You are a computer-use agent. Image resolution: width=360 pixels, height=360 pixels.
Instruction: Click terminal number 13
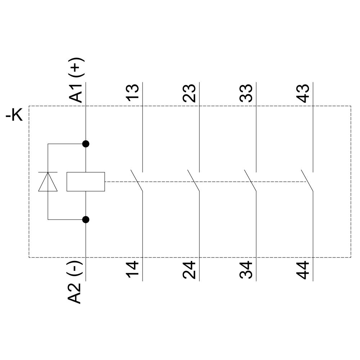click(133, 93)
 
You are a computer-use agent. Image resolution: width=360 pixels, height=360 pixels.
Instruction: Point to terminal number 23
click(190, 93)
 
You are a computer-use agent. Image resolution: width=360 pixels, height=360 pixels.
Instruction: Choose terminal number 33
click(247, 93)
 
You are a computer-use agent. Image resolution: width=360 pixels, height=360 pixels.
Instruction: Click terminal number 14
click(133, 270)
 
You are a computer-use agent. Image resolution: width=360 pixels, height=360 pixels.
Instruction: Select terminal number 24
click(190, 270)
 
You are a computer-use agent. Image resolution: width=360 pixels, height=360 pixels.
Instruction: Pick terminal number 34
click(247, 270)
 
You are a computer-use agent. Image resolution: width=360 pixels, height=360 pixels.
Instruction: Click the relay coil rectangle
click(86, 181)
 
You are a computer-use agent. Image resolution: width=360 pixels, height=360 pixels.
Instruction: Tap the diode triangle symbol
click(48, 182)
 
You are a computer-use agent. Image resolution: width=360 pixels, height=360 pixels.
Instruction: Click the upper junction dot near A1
click(86, 144)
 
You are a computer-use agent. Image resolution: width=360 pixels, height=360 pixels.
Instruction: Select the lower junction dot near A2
click(86, 219)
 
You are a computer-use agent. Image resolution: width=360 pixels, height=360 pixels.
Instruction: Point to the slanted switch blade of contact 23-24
click(193, 180)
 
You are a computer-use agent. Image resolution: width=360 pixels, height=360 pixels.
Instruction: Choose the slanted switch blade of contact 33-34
click(250, 180)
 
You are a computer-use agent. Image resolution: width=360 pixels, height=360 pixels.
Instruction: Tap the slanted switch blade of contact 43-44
click(307, 180)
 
